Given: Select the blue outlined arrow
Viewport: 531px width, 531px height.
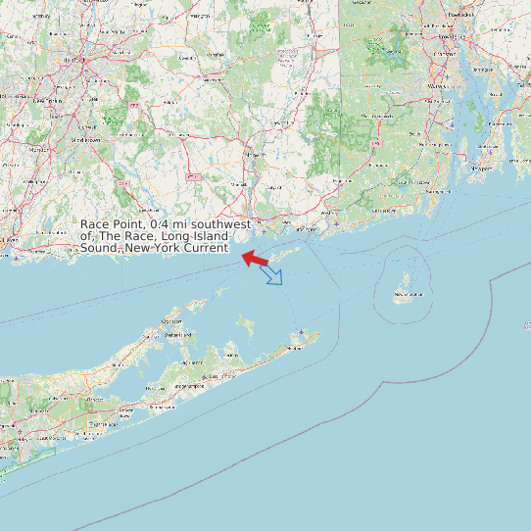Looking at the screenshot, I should click(272, 276).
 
